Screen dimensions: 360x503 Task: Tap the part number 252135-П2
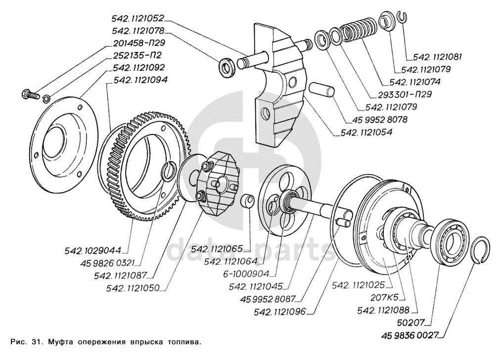138,54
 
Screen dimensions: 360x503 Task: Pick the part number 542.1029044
92,250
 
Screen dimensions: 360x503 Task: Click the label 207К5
384,298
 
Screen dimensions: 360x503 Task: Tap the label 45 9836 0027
410,335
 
